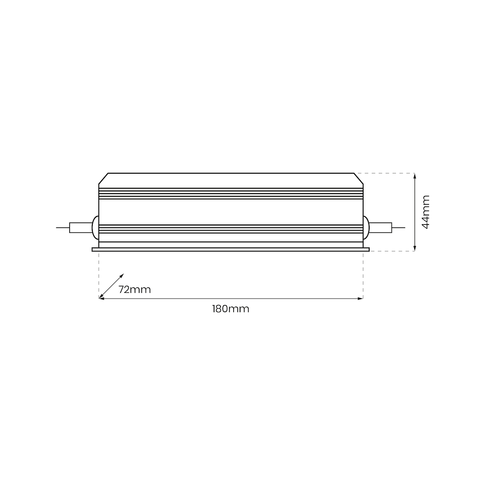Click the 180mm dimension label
coord(230,309)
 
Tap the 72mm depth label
coord(135,290)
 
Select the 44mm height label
coord(426,212)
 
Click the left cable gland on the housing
coord(95,227)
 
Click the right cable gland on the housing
coord(366,227)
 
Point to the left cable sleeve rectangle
coord(80,227)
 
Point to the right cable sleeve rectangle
coord(380,227)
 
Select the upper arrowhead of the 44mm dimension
coord(415,175)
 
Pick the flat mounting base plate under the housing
coord(230,250)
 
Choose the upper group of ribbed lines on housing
coord(230,193)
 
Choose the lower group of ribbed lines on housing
coord(230,229)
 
